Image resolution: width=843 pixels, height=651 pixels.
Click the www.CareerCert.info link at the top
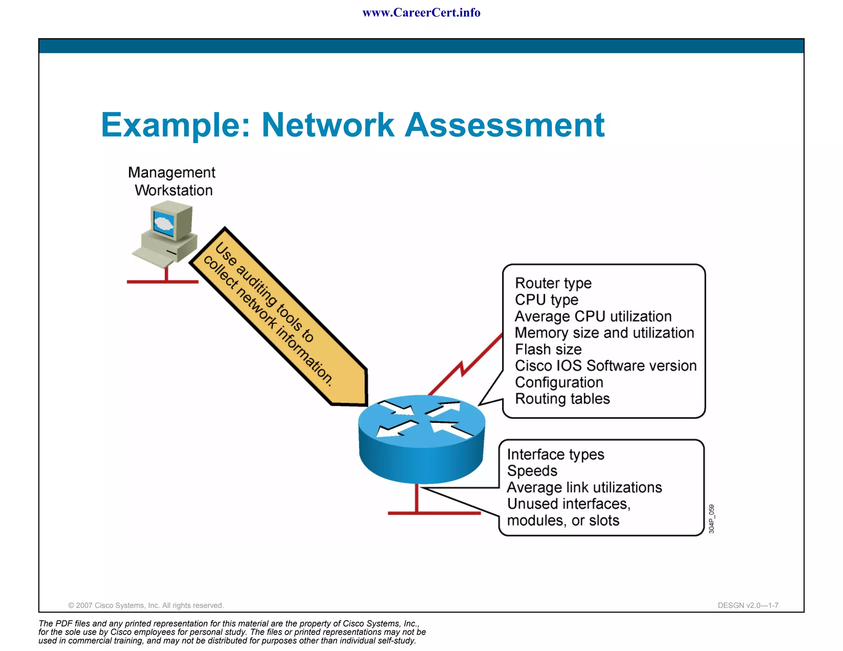click(421, 13)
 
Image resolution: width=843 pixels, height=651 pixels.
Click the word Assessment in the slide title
click(505, 125)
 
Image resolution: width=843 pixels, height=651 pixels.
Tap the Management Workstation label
click(172, 181)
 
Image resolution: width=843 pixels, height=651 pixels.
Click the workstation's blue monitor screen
click(164, 223)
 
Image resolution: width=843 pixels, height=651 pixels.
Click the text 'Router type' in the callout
click(553, 283)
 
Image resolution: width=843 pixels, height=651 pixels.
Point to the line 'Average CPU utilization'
click(593, 316)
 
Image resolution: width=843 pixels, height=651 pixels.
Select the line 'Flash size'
click(548, 349)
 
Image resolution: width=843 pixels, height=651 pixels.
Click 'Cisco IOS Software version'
click(605, 366)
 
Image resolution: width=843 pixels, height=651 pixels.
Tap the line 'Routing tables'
click(562, 399)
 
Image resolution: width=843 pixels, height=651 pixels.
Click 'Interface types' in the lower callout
click(555, 454)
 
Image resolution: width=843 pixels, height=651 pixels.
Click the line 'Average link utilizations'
click(584, 488)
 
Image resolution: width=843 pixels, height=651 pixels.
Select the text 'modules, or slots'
click(563, 521)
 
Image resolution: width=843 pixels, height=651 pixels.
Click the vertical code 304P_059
click(711, 519)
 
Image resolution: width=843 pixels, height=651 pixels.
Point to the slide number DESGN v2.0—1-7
click(748, 605)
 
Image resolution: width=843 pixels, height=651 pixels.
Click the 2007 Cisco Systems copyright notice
click(146, 605)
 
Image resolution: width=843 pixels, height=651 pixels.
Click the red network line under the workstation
click(163, 282)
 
